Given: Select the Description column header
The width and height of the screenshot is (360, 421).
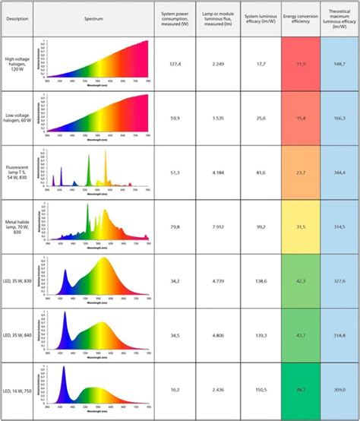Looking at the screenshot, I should point(17,17).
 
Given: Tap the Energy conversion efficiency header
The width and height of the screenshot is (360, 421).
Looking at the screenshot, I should point(300,17).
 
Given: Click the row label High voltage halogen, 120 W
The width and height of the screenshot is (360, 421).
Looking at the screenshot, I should point(17,65).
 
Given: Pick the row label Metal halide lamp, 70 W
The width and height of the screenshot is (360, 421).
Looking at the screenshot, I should point(17,226).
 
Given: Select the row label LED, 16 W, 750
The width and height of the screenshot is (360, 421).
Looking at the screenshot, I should point(17,389).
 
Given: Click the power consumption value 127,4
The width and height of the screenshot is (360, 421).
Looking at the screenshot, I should point(175,65).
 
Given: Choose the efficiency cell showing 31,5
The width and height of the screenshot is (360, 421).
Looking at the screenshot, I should point(300,226).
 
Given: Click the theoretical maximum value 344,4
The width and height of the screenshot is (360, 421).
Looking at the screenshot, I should point(339,173).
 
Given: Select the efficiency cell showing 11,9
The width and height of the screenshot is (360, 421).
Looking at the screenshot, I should point(300,65).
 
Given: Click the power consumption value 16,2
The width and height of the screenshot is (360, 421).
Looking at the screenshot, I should point(175,389).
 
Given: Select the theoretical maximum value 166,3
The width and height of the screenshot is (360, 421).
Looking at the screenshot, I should point(339,119).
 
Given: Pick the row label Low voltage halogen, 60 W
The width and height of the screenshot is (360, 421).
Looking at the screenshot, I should point(17,119).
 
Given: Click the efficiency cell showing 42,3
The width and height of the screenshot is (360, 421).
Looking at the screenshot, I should point(300,281).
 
